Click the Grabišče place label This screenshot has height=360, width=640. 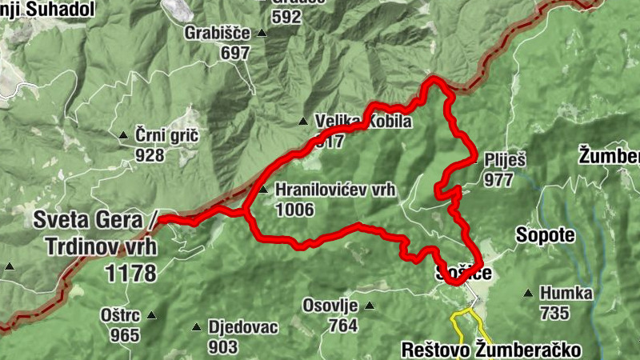212,34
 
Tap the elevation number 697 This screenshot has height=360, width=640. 236,53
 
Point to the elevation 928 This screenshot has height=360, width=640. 150,154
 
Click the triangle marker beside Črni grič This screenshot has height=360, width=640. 123,135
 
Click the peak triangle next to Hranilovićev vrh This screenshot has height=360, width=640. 263,190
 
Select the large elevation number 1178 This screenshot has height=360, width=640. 130,273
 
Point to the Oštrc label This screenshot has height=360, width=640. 120,315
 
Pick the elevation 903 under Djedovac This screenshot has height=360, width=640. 222,346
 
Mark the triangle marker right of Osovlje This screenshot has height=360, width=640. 369,305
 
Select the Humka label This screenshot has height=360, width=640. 566,293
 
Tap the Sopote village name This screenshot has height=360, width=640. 546,235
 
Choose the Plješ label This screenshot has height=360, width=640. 505,160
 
